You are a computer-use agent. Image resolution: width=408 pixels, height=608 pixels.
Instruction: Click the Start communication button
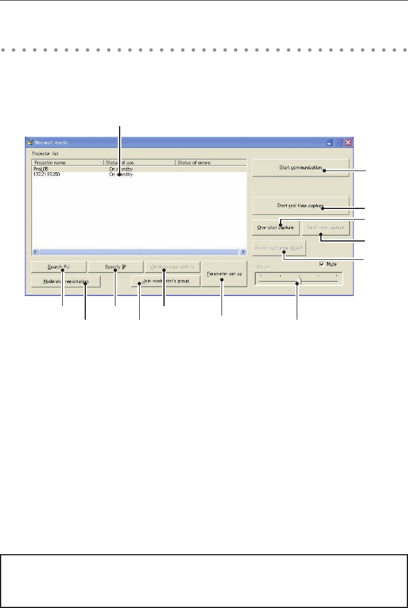300,168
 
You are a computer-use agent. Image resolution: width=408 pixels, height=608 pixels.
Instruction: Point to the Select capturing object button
279,247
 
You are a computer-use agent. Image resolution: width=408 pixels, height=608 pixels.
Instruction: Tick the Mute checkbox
322,263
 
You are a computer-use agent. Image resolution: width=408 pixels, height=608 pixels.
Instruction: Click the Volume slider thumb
300,281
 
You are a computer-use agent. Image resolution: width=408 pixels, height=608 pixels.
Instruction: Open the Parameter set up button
224,274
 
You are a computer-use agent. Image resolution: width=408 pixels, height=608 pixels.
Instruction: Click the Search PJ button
59,266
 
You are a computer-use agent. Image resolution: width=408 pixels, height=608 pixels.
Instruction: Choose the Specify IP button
115,266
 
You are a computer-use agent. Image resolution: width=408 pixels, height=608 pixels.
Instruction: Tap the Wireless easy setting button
172,266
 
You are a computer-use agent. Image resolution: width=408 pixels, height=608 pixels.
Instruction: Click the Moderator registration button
66,282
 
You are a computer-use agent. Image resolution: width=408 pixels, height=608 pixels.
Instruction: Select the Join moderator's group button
165,282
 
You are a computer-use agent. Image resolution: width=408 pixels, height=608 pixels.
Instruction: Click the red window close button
348,142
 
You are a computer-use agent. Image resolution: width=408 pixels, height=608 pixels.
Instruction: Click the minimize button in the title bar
329,142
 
